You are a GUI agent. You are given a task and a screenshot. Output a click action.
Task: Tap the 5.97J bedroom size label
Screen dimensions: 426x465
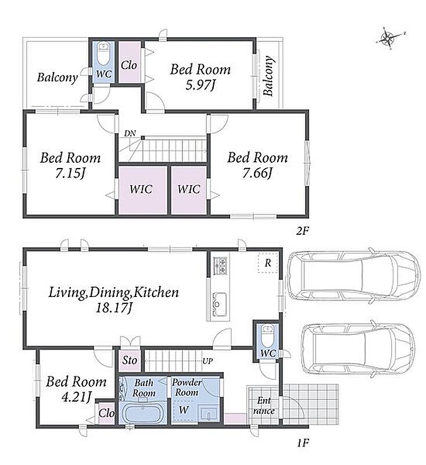pyautogui.click(x=200, y=85)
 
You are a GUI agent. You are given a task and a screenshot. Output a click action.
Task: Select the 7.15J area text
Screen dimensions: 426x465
pyautogui.click(x=70, y=174)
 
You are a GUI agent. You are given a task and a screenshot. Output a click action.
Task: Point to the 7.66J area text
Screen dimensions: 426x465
pyautogui.click(x=257, y=173)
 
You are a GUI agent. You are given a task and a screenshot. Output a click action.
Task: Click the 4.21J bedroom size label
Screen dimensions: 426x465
pyautogui.click(x=76, y=397)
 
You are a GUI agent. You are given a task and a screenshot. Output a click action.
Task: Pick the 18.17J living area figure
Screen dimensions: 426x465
pyautogui.click(x=113, y=308)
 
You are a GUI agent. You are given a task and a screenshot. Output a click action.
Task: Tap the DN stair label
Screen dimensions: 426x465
pyautogui.click(x=130, y=134)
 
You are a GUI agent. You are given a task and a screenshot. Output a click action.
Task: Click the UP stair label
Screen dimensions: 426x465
pyautogui.click(x=207, y=361)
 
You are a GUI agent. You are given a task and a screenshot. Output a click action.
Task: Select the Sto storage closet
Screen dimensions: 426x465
pyautogui.click(x=130, y=360)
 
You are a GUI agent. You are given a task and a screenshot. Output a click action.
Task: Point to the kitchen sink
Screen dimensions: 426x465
pyautogui.click(x=220, y=304)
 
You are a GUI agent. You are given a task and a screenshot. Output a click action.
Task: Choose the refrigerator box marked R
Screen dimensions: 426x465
pyautogui.click(x=268, y=263)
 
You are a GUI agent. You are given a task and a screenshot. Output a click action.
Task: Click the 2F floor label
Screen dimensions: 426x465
pyautogui.click(x=303, y=231)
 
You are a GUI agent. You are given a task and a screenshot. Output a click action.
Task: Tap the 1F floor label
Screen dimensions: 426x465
pyautogui.click(x=303, y=443)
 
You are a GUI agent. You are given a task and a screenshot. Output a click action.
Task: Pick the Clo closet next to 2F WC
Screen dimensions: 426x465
pyautogui.click(x=130, y=62)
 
